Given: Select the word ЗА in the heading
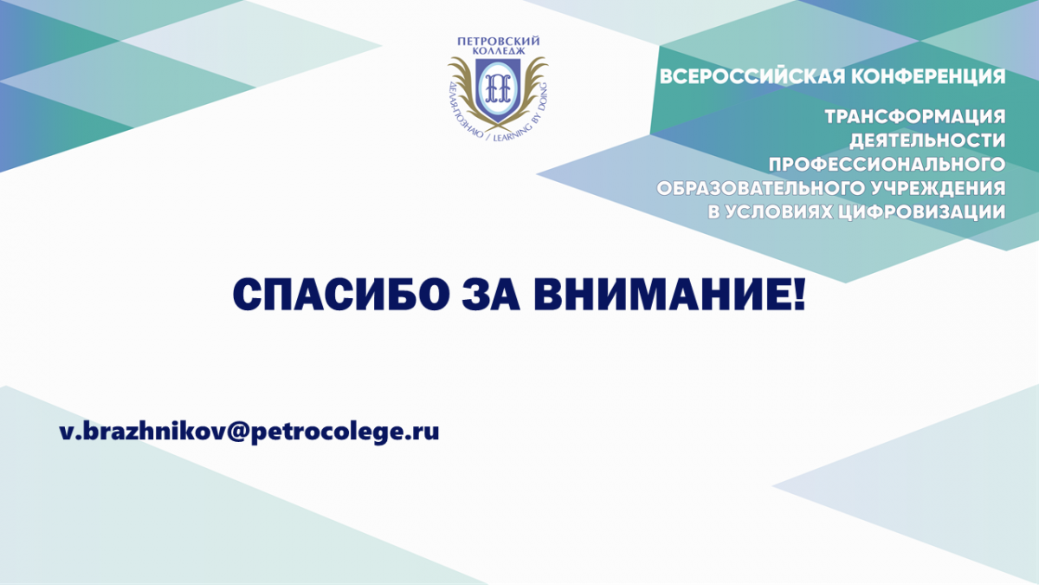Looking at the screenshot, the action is tap(491, 295).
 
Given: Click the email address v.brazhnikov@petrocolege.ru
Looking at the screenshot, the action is tap(249, 432).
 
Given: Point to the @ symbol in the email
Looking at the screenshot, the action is tap(238, 432).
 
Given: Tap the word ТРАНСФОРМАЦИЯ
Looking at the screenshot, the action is tap(914, 116).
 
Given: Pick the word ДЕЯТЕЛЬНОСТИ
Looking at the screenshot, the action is tap(927, 140).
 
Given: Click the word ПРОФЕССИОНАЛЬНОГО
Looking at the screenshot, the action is tap(887, 165).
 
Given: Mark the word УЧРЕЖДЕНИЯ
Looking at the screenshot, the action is tap(937, 189).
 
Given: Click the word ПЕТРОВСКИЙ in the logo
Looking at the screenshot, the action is tap(498, 42).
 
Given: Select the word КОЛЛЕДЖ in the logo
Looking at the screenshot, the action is tap(498, 50).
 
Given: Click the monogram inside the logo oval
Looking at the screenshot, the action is tap(498, 87).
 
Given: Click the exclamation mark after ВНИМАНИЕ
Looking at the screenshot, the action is tap(800, 295).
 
